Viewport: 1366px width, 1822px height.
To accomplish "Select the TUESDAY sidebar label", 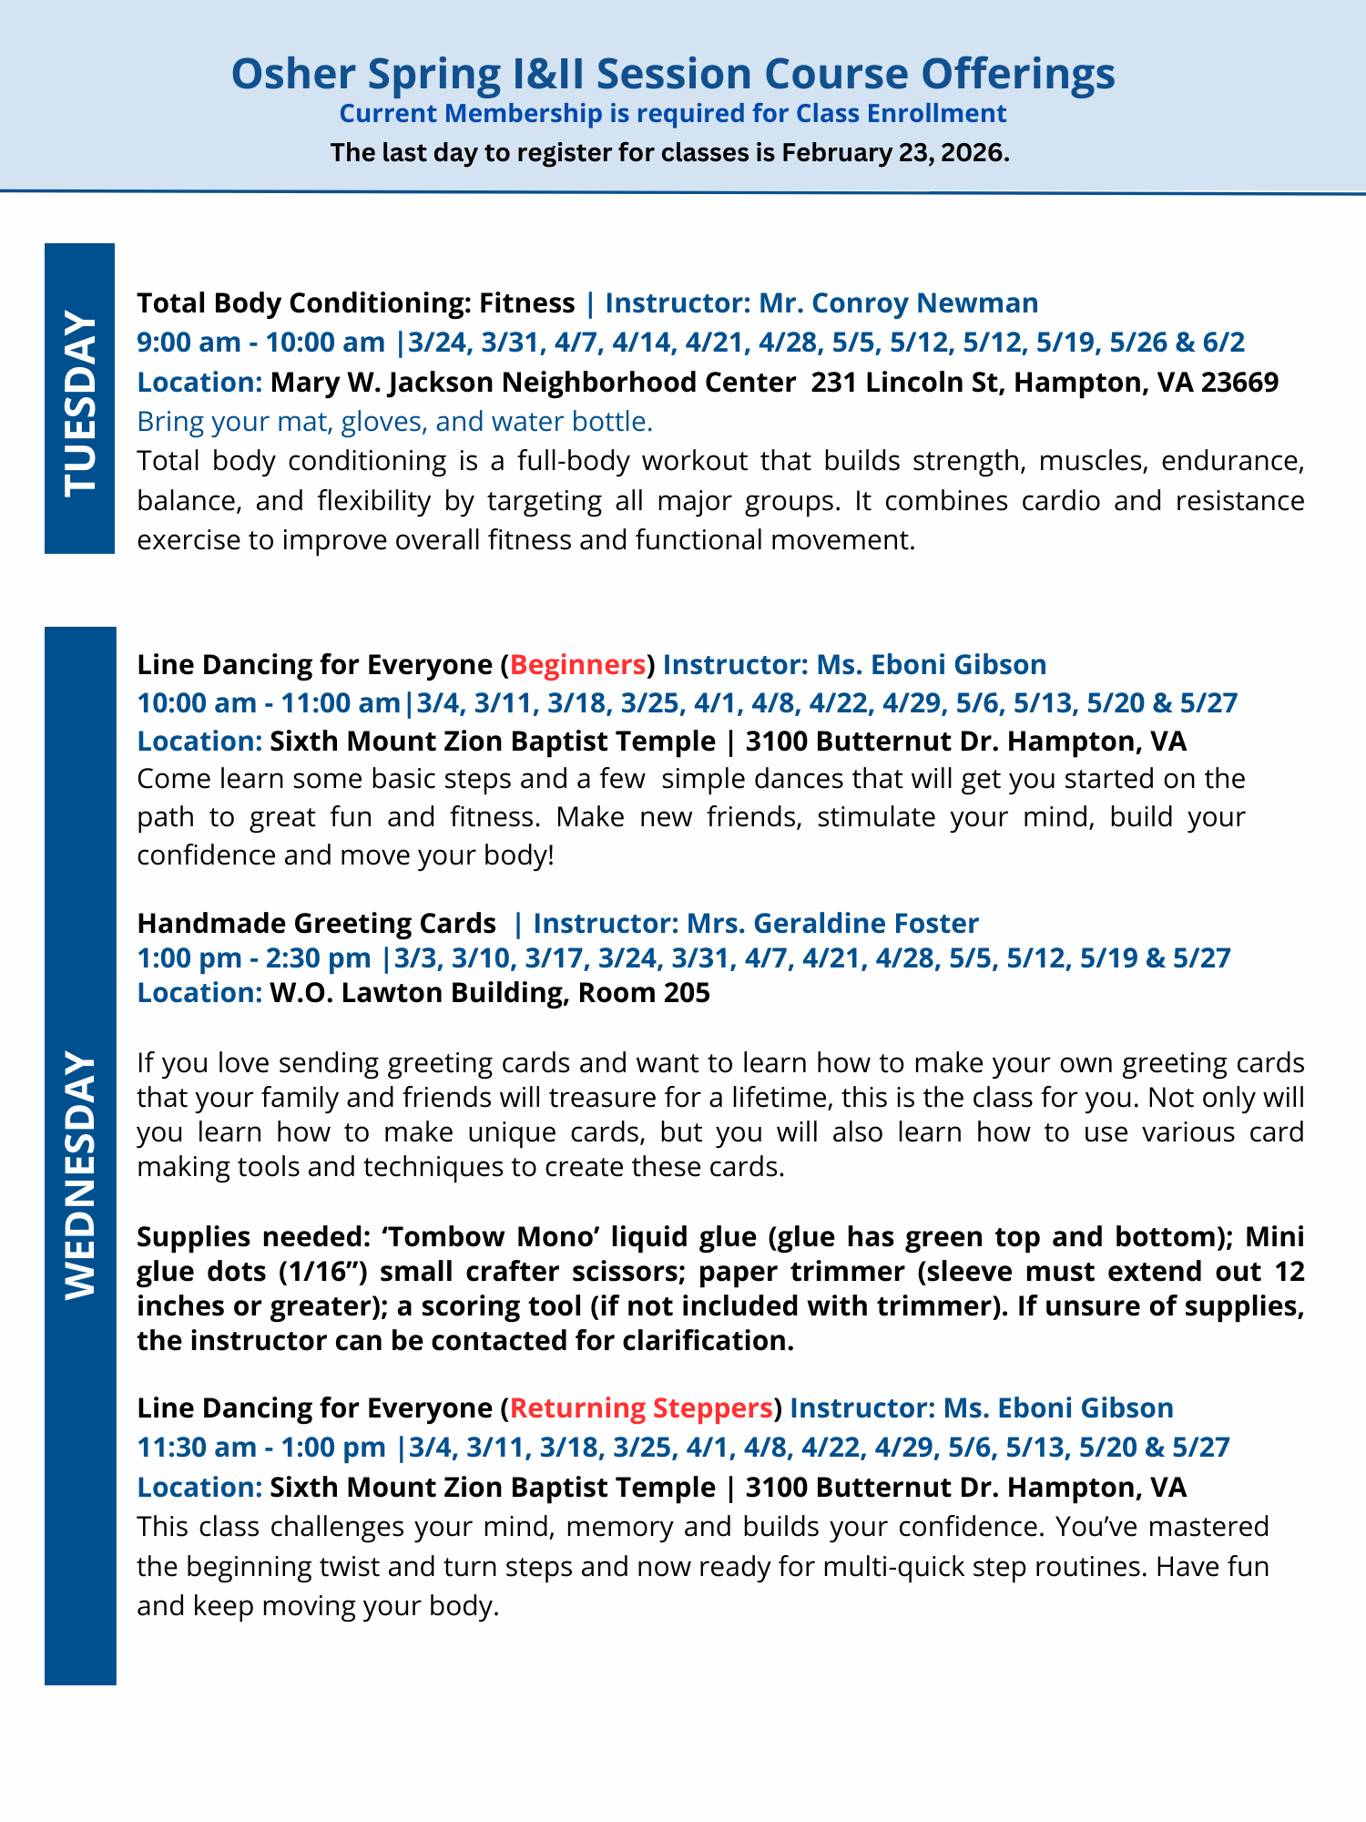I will tap(79, 401).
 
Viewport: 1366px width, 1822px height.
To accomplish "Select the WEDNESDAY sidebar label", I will tap(79, 1175).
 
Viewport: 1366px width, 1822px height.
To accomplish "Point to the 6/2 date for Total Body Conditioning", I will tap(1225, 343).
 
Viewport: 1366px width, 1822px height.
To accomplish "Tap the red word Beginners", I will tap(577, 664).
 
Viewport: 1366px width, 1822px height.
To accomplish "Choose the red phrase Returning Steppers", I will tap(641, 1407).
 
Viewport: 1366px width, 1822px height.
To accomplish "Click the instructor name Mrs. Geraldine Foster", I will tap(832, 923).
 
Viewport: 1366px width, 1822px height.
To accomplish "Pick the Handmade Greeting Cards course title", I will tap(316, 923).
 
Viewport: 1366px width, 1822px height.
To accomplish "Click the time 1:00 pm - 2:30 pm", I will tap(253, 957).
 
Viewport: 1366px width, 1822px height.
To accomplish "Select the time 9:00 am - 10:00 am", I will tap(260, 343).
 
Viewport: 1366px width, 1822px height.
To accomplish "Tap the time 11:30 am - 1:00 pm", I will tap(260, 1447).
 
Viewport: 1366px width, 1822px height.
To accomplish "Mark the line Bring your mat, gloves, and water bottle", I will tap(394, 421).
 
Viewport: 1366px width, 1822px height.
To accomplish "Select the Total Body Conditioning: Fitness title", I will tap(355, 302).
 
